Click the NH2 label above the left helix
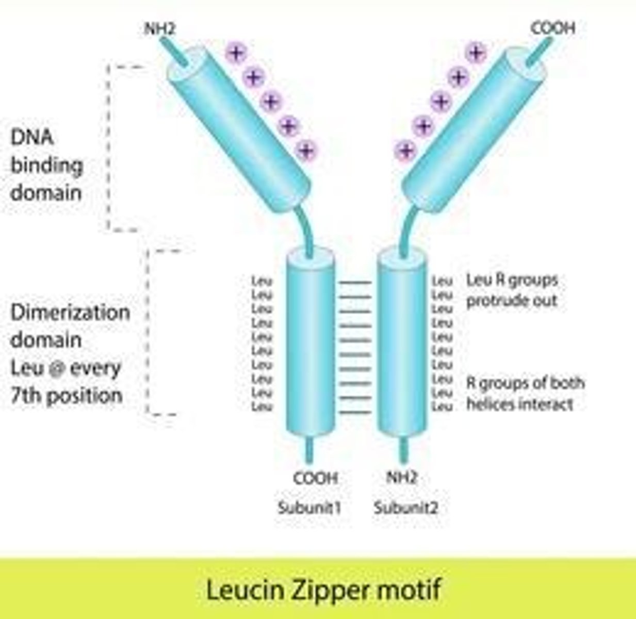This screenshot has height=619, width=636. (160, 29)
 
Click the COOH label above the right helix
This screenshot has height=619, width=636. (552, 28)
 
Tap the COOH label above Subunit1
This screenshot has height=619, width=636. (315, 478)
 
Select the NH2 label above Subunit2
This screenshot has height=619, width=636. (401, 478)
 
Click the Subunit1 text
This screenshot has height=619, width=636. (309, 508)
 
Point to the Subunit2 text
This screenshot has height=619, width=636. (406, 508)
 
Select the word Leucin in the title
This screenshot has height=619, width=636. (242, 589)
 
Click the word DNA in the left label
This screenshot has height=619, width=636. (32, 138)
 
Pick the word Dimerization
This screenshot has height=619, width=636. (70, 313)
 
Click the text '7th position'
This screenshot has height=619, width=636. (67, 396)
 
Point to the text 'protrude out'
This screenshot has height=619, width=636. (512, 300)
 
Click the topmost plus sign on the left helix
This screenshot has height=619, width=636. (236, 53)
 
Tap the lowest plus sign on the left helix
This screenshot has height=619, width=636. (306, 151)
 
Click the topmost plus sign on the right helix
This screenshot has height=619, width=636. (476, 53)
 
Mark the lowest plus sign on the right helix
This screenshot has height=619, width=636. (405, 151)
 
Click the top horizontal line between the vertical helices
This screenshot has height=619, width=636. (354, 283)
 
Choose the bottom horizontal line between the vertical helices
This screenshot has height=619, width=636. (354, 413)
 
